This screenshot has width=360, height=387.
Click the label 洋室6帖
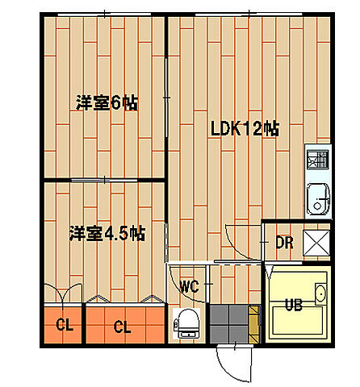click(x=107, y=103)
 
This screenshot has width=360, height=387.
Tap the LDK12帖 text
click(x=245, y=128)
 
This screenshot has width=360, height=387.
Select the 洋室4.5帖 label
click(x=107, y=234)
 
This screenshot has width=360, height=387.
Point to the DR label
click(x=284, y=242)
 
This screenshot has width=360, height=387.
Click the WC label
click(x=189, y=286)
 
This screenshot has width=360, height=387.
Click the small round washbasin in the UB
click(x=320, y=293)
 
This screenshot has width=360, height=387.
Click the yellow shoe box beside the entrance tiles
click(x=255, y=322)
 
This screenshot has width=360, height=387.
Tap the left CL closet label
click(x=63, y=327)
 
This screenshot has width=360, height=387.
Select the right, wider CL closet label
click(x=123, y=327)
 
